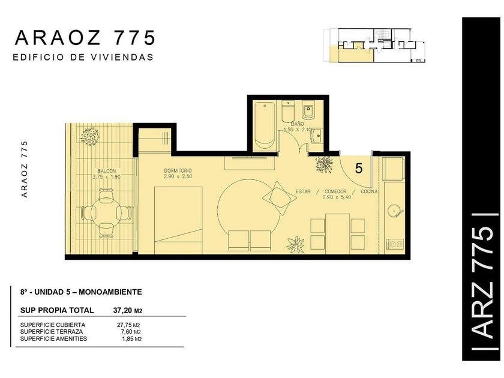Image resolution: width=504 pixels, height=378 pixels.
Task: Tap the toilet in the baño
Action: pyautogui.click(x=287, y=112)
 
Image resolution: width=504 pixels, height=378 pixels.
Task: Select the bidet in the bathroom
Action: pyautogui.click(x=308, y=112)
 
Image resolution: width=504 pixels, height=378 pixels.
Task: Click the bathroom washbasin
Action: pyautogui.click(x=317, y=136)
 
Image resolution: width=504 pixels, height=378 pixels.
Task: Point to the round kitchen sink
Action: pyautogui.click(x=395, y=211)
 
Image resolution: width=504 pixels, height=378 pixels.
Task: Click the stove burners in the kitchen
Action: pyautogui.click(x=395, y=244)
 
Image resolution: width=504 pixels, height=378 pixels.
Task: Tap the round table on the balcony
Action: pyautogui.click(x=106, y=213)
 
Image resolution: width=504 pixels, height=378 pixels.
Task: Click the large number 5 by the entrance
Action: pyautogui.click(x=359, y=168)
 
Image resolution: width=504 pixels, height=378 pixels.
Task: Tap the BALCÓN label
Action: pyautogui.click(x=106, y=171)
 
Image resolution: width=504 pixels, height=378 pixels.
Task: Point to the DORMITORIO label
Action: pyautogui.click(x=178, y=170)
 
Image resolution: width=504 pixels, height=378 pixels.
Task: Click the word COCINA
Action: pyautogui.click(x=369, y=191)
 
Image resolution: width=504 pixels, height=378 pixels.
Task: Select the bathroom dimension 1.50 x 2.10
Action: pyautogui.click(x=298, y=130)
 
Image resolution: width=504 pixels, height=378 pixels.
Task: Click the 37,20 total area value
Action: pyautogui.click(x=122, y=311)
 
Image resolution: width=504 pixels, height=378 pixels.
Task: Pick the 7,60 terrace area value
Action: pyautogui.click(x=125, y=332)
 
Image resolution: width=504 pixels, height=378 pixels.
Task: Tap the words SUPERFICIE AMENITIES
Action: pyautogui.click(x=53, y=339)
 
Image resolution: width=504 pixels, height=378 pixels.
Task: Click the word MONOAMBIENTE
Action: pyautogui.click(x=110, y=292)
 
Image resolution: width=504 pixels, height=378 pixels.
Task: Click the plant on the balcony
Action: pyautogui.click(x=89, y=136)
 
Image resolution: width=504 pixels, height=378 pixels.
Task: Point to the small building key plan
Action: pyautogui.click(x=374, y=46)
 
